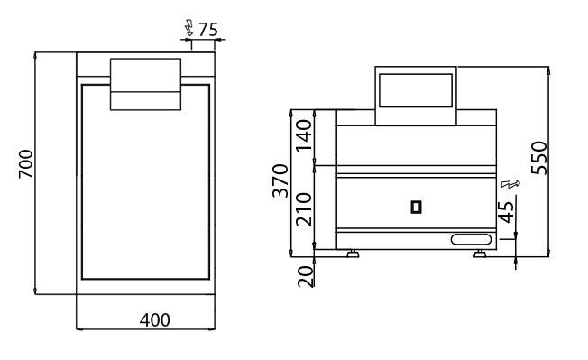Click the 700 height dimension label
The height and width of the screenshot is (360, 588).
[26, 164]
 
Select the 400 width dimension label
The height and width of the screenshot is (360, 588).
[155, 320]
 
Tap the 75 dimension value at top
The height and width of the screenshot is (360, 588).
[208, 30]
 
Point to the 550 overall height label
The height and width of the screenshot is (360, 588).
[539, 158]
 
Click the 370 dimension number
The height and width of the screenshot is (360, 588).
[280, 180]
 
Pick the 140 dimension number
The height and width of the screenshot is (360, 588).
[304, 135]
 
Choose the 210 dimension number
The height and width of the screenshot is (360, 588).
[304, 209]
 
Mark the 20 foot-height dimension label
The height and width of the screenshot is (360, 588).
[305, 277]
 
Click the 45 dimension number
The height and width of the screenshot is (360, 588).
[506, 212]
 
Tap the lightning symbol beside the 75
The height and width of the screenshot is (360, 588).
[189, 27]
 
